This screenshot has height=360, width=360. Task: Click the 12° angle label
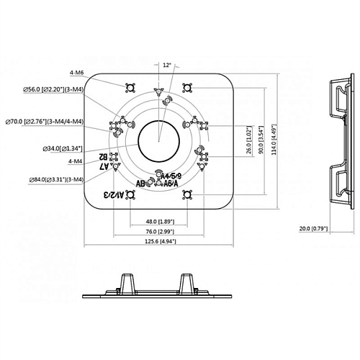tap(167, 66)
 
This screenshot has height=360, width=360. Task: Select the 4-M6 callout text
tap(77, 73)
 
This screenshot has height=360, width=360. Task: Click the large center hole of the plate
tap(158, 140)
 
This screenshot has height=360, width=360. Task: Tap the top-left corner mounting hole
tap(130, 89)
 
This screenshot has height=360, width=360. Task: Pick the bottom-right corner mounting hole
tap(187, 193)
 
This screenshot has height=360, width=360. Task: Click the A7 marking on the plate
tap(107, 167)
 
